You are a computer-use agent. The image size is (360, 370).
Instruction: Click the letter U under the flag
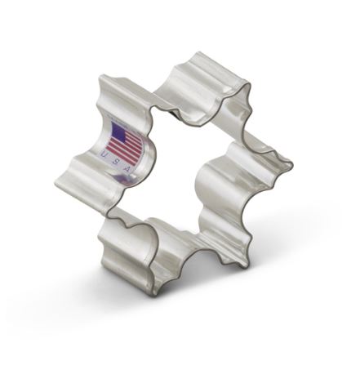tap(104, 154)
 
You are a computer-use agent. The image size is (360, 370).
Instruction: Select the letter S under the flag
tap(115, 162)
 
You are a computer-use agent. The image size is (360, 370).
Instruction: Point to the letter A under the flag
tap(127, 169)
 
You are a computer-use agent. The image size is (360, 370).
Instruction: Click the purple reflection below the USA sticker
tap(126, 180)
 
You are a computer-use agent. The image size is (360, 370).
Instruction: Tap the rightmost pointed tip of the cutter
tap(292, 164)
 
